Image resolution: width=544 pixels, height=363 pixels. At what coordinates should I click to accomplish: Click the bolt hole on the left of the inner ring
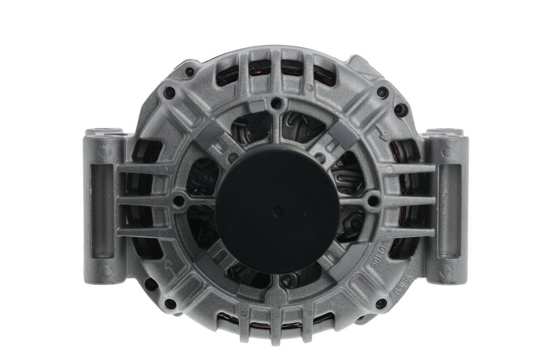[180, 200]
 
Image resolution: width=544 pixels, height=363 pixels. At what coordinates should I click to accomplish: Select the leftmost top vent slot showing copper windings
[228, 73]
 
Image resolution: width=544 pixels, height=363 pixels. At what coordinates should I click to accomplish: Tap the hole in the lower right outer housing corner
[381, 303]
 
